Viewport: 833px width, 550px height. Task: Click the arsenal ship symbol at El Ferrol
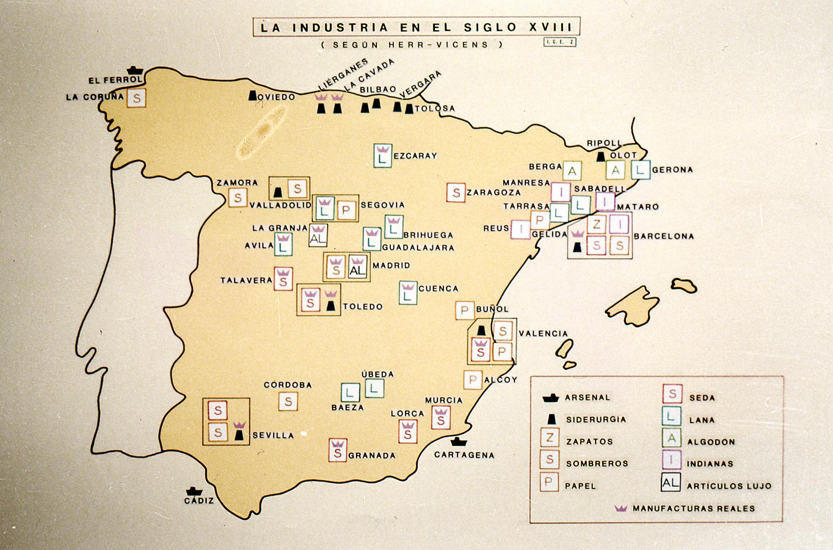point(135,71)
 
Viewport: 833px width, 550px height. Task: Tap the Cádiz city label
point(199,500)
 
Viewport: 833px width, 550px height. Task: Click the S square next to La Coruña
point(136,99)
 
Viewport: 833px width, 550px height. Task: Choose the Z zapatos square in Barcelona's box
point(596,224)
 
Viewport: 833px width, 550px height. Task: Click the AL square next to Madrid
point(357,267)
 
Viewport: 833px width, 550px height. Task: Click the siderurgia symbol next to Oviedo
point(252,95)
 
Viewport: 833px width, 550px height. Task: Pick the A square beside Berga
point(571,171)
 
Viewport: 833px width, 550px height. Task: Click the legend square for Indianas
point(671,460)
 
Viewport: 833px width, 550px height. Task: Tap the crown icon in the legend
point(621,508)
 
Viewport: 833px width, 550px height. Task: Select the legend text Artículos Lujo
point(729,486)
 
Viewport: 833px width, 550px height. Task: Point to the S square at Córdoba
point(288,401)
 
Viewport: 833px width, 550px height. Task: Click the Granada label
point(372,455)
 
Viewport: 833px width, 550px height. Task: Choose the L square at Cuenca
point(408,293)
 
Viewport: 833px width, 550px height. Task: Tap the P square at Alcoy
point(472,380)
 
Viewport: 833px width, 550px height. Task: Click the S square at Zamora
point(237,198)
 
